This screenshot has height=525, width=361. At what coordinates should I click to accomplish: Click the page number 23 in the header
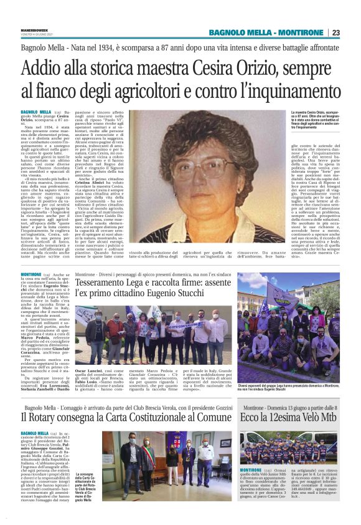(x=353, y=32)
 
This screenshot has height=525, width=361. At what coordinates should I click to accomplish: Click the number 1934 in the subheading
(x=110, y=47)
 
